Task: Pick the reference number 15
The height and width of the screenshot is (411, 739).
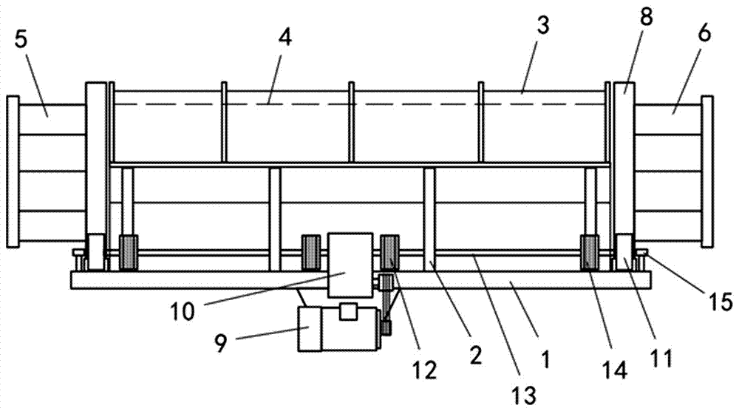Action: [x=719, y=302]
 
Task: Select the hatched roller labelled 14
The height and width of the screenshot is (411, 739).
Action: [x=590, y=253]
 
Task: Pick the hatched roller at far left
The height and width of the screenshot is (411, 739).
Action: [x=130, y=252]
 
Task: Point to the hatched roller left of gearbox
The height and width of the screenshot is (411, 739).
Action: [x=310, y=252]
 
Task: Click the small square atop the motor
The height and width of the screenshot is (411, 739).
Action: [x=348, y=312]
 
